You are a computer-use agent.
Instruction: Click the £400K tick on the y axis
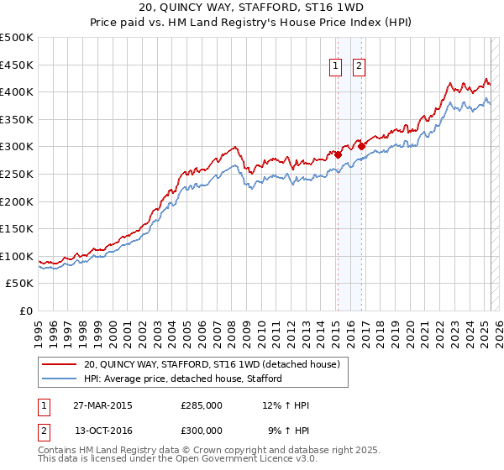(x=17, y=92)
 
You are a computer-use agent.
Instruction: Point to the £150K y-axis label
(x=17, y=228)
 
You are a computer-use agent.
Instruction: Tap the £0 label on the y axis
(x=27, y=311)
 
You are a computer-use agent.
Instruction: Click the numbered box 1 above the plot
(x=336, y=66)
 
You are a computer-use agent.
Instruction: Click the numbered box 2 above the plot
(x=360, y=66)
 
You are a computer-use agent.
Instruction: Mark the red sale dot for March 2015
(x=338, y=154)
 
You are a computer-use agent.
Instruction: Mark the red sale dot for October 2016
(x=361, y=146)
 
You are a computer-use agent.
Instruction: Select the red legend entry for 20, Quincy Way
(x=211, y=364)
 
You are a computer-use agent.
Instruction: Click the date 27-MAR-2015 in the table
(x=103, y=405)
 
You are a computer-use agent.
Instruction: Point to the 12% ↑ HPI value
(x=286, y=405)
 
